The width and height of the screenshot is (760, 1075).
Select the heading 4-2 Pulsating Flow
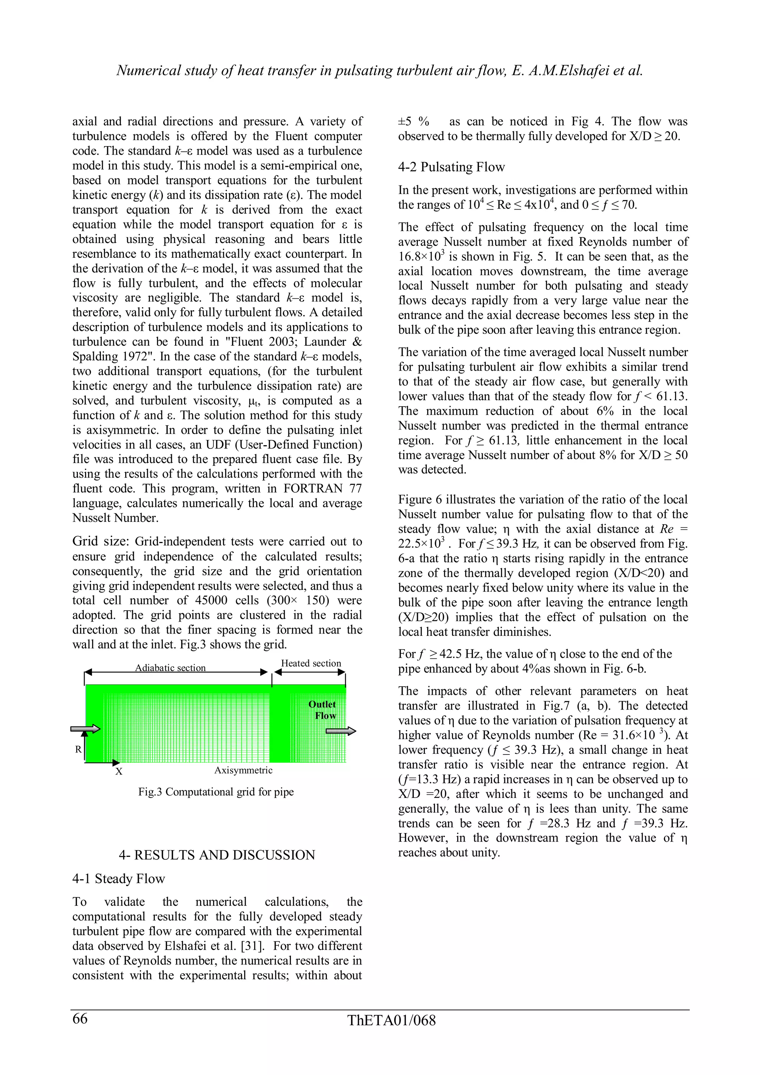point(451,167)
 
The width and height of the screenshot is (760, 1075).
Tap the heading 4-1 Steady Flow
point(118,878)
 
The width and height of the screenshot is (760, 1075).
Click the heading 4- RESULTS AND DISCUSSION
point(217,855)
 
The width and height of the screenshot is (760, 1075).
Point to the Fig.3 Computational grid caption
point(216,792)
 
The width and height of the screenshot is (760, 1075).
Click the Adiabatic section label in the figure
point(170,668)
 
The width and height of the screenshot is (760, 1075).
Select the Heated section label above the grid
point(311,663)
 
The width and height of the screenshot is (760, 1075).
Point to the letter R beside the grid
point(78,750)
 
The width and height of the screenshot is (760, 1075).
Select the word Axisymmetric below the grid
point(243,770)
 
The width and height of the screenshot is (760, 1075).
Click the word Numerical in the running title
point(148,70)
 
